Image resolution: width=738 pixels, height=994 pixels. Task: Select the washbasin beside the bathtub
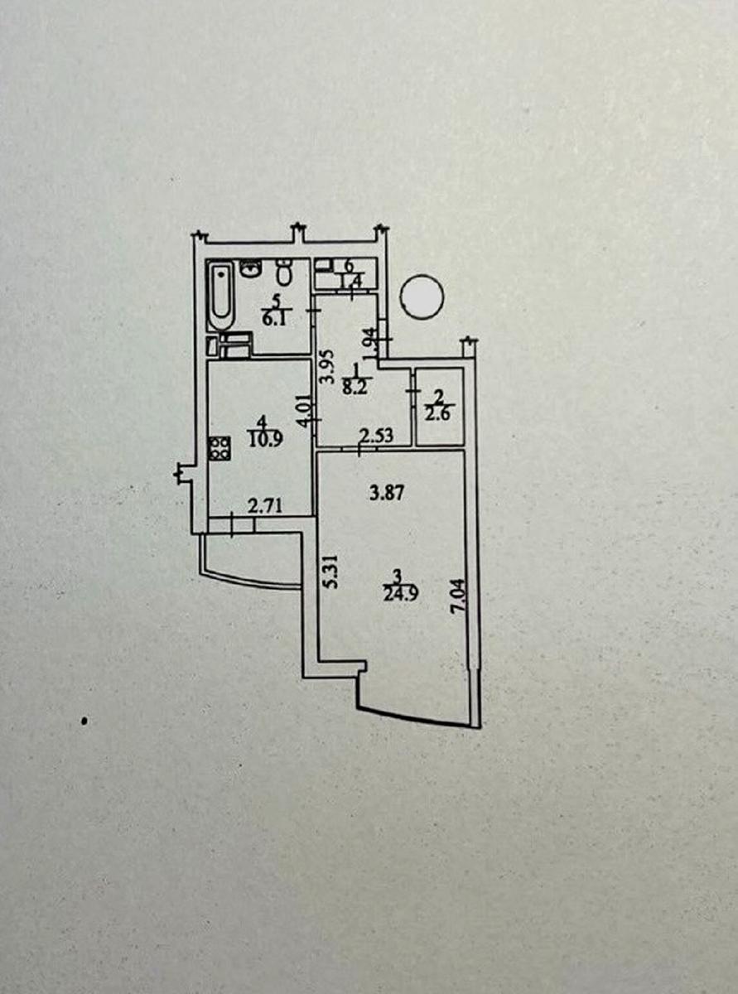click(x=249, y=268)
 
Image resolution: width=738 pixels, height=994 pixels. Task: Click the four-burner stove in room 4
click(x=219, y=448)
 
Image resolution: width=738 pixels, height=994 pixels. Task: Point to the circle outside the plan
click(x=422, y=296)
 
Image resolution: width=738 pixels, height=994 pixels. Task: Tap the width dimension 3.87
click(x=383, y=494)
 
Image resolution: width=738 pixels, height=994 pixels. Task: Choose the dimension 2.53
click(x=374, y=433)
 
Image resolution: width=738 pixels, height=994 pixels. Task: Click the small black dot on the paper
click(x=84, y=721)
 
